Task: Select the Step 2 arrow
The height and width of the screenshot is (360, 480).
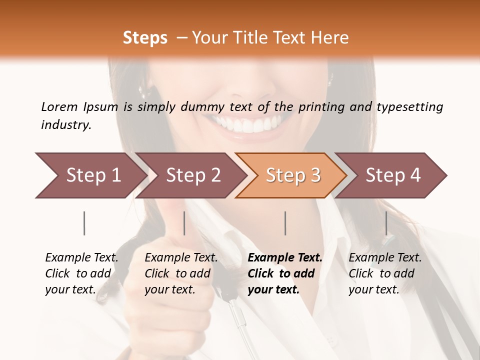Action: click(x=192, y=175)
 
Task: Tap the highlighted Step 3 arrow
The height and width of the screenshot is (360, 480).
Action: click(x=292, y=175)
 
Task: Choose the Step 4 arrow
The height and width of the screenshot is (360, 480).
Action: click(x=392, y=175)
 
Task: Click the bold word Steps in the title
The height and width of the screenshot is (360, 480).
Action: click(x=145, y=38)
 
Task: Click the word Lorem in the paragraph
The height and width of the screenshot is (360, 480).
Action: click(x=59, y=106)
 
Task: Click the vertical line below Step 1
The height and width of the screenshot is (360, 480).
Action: click(x=84, y=223)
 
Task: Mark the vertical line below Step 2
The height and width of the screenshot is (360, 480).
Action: click(x=184, y=223)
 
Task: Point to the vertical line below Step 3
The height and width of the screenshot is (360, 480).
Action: click(x=285, y=223)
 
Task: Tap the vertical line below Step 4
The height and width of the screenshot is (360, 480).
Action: click(x=386, y=223)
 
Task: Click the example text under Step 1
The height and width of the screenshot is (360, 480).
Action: click(x=81, y=273)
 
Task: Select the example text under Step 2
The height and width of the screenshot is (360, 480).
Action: click(x=181, y=273)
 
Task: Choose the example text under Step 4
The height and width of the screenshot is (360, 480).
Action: click(x=385, y=273)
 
